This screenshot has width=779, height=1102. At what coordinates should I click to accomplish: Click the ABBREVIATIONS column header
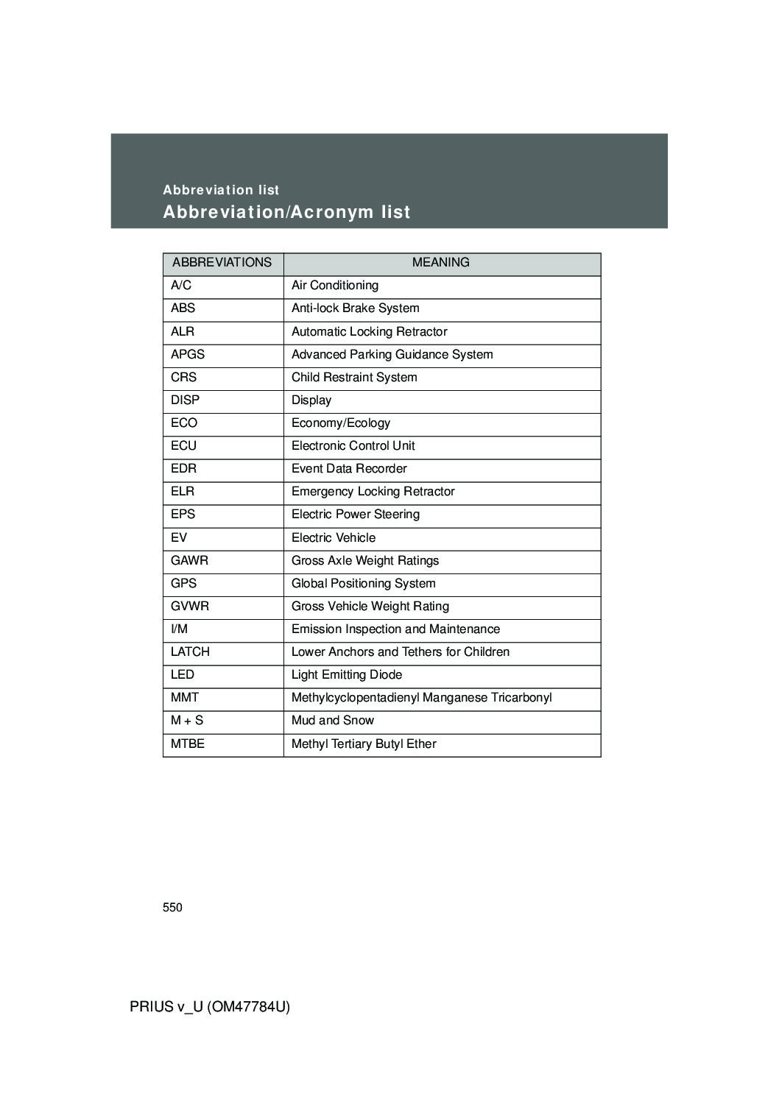222,263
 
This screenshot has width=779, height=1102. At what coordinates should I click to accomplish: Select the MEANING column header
440,263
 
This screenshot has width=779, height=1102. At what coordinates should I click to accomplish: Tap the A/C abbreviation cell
181,286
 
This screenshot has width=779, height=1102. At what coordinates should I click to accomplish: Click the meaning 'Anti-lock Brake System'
355,308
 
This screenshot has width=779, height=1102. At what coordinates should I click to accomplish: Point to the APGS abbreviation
188,355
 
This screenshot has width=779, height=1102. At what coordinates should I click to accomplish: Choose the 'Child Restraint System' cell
354,378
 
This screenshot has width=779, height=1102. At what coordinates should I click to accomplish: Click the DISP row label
186,400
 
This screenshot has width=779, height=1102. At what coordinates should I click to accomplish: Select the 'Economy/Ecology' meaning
341,423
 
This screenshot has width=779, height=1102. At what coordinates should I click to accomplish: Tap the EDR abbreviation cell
184,469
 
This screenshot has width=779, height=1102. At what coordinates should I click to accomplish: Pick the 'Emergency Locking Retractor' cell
373,492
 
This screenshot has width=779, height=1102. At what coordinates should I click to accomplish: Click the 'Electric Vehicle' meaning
334,538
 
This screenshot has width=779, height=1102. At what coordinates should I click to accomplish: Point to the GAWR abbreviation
189,561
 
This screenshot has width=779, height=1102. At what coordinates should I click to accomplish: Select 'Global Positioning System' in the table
364,584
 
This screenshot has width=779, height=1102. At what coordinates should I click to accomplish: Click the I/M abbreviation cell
179,629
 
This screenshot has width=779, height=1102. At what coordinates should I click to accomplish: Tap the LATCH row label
190,652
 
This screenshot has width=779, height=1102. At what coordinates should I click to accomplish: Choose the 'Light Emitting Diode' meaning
347,675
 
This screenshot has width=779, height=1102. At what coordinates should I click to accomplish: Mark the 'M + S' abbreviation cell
187,721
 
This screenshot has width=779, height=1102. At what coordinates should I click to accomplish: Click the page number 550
172,908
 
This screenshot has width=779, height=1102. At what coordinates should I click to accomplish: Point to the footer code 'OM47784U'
248,1007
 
